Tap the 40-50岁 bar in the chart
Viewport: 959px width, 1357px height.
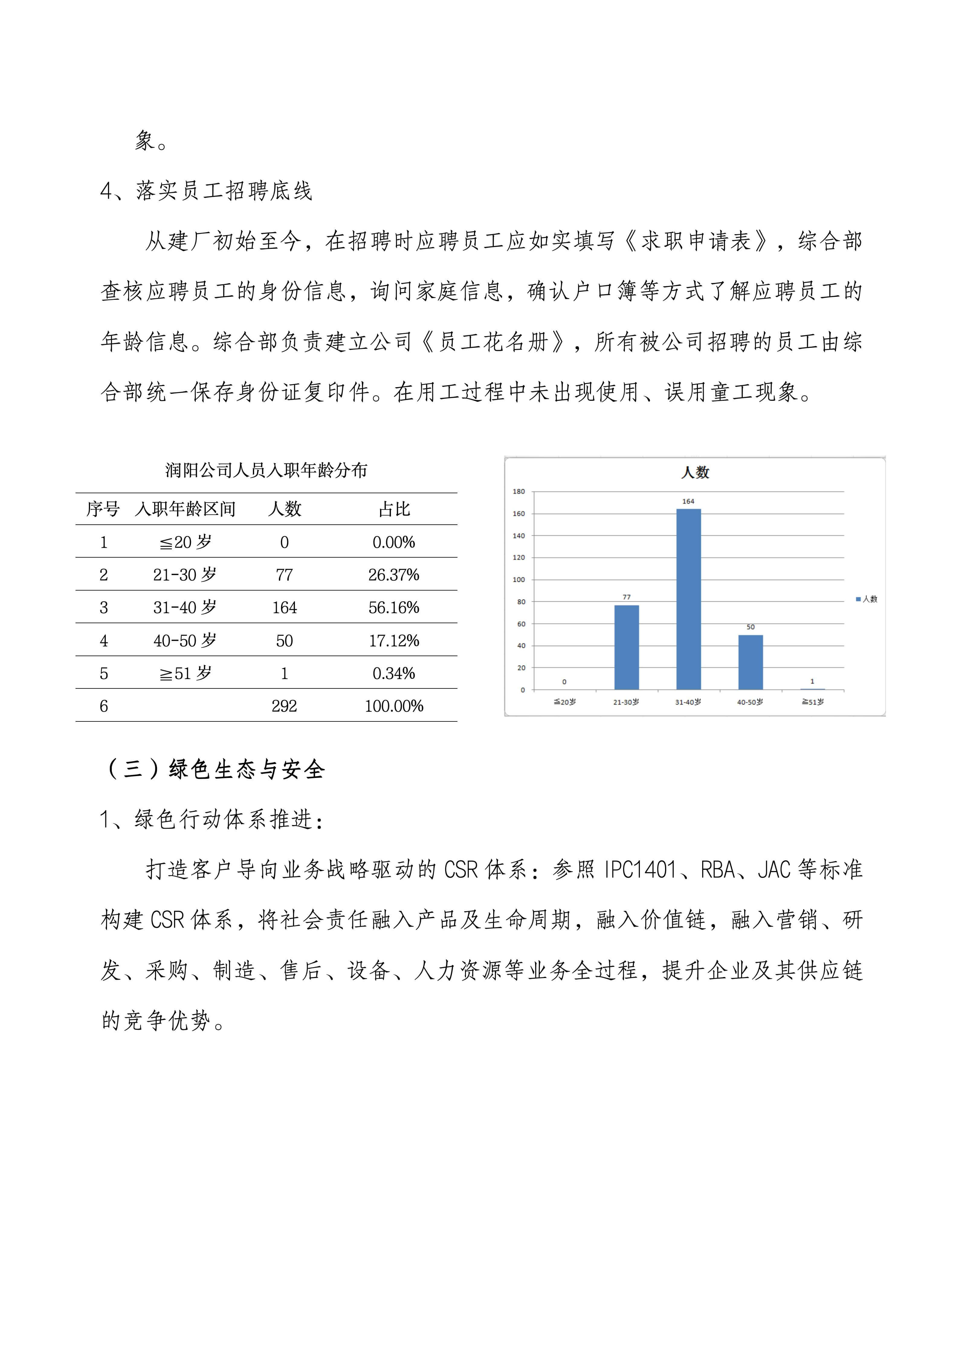click(751, 662)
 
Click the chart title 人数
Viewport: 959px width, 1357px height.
click(695, 472)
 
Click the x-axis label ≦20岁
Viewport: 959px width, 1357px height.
click(564, 701)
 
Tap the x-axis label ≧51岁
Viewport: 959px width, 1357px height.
click(812, 701)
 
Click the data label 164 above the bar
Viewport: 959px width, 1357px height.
click(688, 501)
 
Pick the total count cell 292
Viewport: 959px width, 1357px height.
click(284, 706)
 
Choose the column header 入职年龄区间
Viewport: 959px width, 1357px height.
click(185, 509)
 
